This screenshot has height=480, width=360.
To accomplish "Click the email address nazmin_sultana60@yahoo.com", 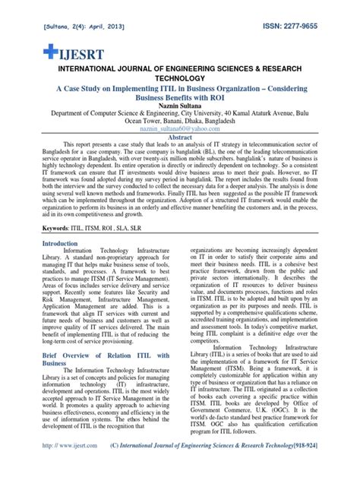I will [179, 130].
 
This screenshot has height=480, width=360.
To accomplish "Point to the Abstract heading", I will [180, 138].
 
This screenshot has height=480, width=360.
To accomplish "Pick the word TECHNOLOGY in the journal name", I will [180, 77].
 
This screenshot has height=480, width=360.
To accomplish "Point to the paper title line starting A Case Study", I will [180, 88].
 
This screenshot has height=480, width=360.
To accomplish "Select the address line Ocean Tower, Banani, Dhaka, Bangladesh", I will [180, 121].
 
